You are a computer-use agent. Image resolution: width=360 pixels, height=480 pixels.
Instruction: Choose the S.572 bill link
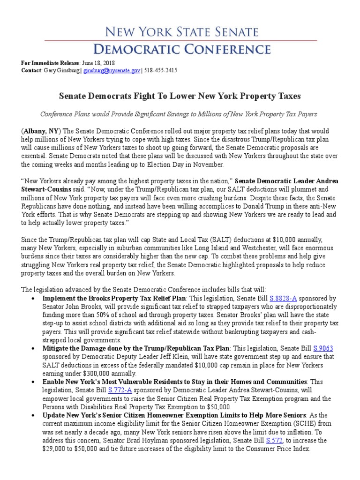(274, 441)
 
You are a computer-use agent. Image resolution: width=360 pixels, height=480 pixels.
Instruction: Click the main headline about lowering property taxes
(180, 96)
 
